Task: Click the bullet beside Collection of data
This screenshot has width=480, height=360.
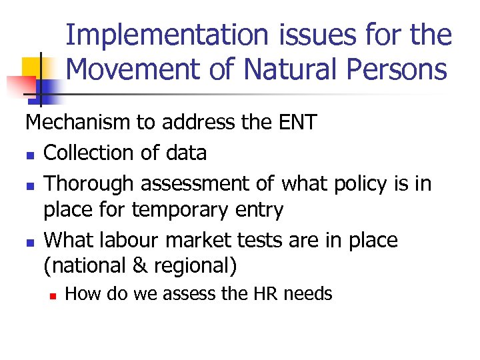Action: [x=30, y=154]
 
